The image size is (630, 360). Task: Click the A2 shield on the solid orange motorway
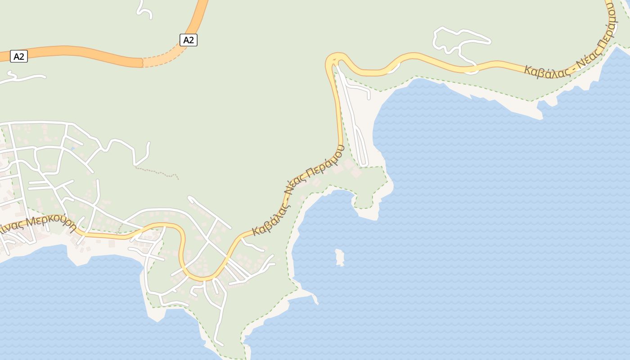tap(19, 56)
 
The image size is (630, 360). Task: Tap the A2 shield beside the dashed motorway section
tap(189, 40)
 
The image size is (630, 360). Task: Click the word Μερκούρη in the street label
tap(51, 223)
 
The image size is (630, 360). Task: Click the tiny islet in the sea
tap(339, 257)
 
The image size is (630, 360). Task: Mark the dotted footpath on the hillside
tap(157, 171)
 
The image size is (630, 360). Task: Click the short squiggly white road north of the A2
tap(144, 10)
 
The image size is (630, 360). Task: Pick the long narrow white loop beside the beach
tap(360, 139)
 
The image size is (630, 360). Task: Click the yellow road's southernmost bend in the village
tap(202, 278)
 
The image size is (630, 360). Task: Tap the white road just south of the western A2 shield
tap(22, 77)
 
